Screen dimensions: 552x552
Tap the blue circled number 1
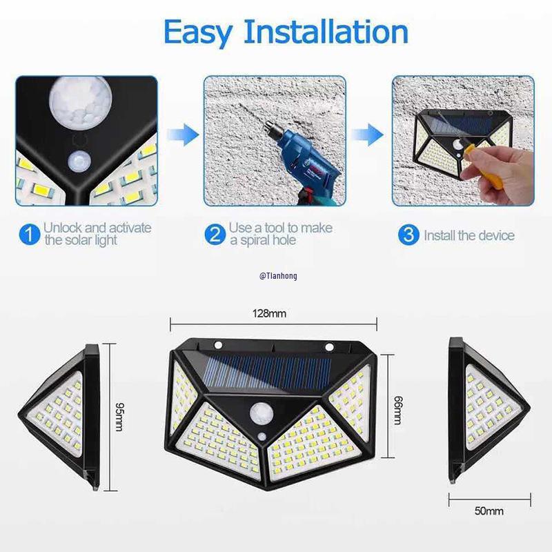click(28, 235)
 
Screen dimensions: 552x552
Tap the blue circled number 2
click(215, 235)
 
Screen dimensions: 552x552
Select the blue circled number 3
click(408, 235)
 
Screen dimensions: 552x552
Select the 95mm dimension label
click(119, 414)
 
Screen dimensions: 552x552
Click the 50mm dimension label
click(489, 511)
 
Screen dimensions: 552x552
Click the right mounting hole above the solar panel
click(329, 346)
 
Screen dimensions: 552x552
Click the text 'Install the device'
click(469, 235)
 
